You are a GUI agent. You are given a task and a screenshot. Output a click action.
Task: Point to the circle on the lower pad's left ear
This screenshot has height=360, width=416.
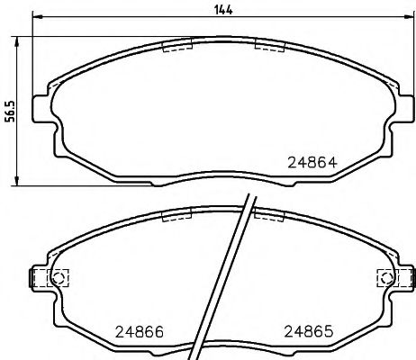(x=59, y=278)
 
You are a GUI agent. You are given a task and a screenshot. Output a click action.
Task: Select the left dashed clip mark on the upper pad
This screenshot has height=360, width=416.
(x=176, y=45)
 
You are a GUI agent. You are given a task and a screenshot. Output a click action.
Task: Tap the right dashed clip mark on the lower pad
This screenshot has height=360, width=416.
(x=268, y=216)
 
